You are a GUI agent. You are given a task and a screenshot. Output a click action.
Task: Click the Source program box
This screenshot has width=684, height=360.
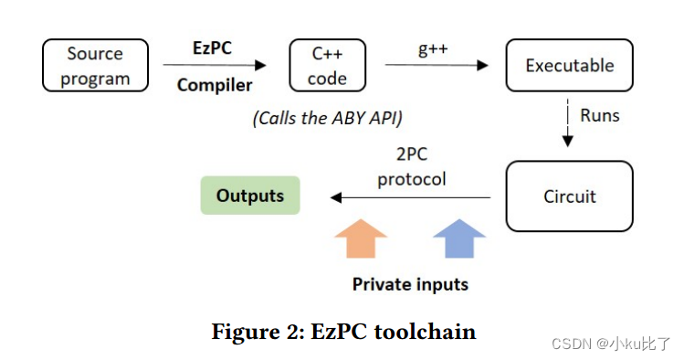[95, 66]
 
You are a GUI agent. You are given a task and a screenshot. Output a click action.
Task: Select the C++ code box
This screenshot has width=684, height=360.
[327, 66]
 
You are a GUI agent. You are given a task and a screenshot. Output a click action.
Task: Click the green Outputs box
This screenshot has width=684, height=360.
[250, 196]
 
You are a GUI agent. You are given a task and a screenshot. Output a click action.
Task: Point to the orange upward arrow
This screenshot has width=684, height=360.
[361, 240]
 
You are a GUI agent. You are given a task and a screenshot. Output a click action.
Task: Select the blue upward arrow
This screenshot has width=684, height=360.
[459, 240]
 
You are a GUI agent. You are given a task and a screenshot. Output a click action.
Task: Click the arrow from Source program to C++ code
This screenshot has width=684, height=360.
[215, 65]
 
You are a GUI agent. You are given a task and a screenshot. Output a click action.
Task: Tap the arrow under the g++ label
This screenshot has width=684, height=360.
[434, 65]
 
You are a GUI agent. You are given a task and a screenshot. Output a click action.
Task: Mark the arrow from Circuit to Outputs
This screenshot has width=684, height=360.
[411, 196]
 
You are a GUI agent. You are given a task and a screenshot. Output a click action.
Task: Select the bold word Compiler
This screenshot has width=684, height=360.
[214, 86]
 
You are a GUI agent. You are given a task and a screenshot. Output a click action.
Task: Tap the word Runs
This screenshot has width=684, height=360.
[600, 115]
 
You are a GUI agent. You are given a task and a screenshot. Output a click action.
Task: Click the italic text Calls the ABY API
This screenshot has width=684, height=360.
[326, 118]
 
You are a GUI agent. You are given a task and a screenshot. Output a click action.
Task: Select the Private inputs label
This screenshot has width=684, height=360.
[410, 284]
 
